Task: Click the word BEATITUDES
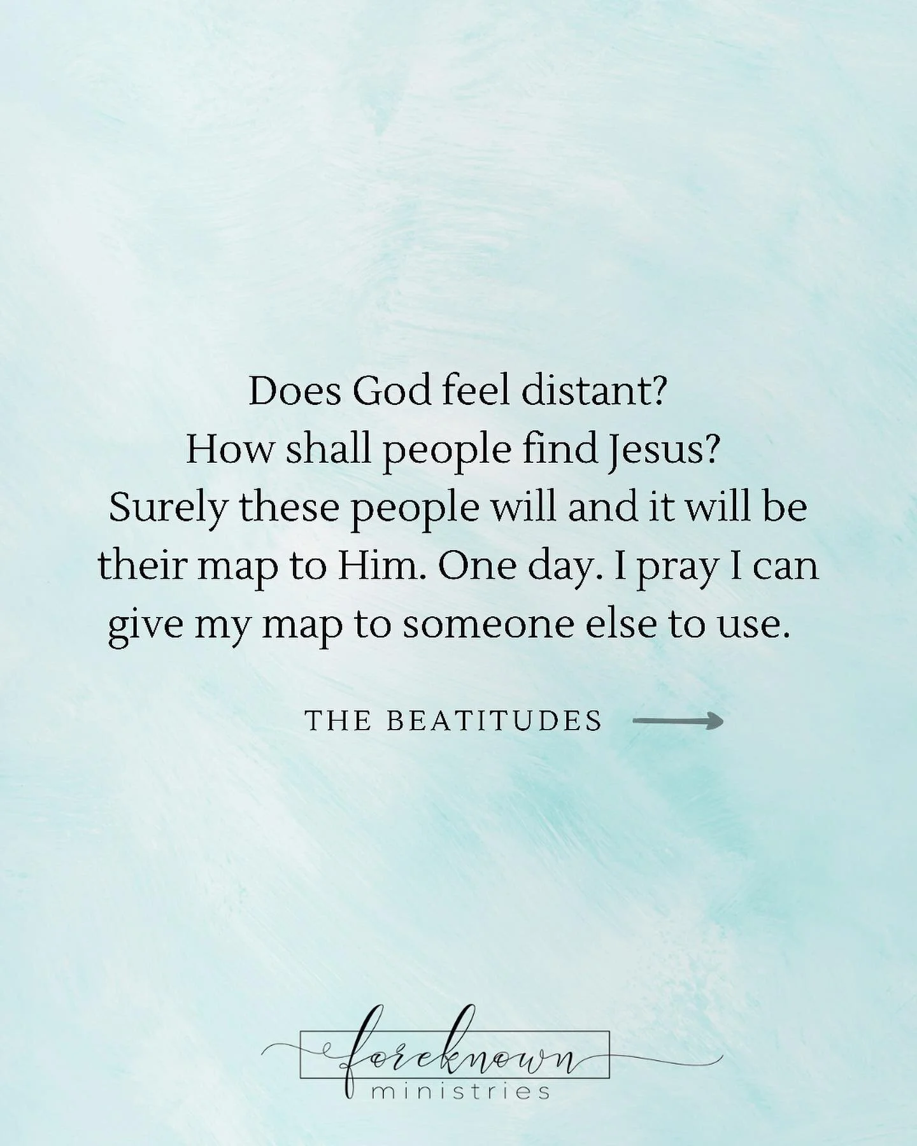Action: [494, 721]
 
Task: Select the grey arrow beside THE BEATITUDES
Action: [678, 721]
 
